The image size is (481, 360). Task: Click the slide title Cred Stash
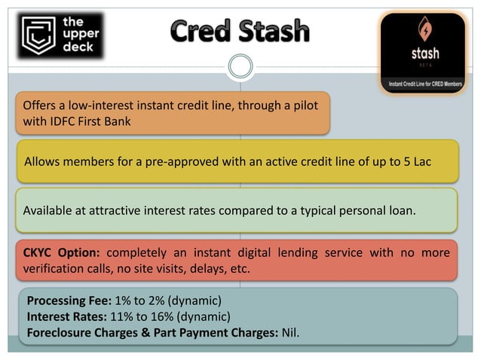click(240, 32)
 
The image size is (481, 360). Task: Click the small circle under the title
click(240, 66)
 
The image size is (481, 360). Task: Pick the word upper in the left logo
click(75, 36)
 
